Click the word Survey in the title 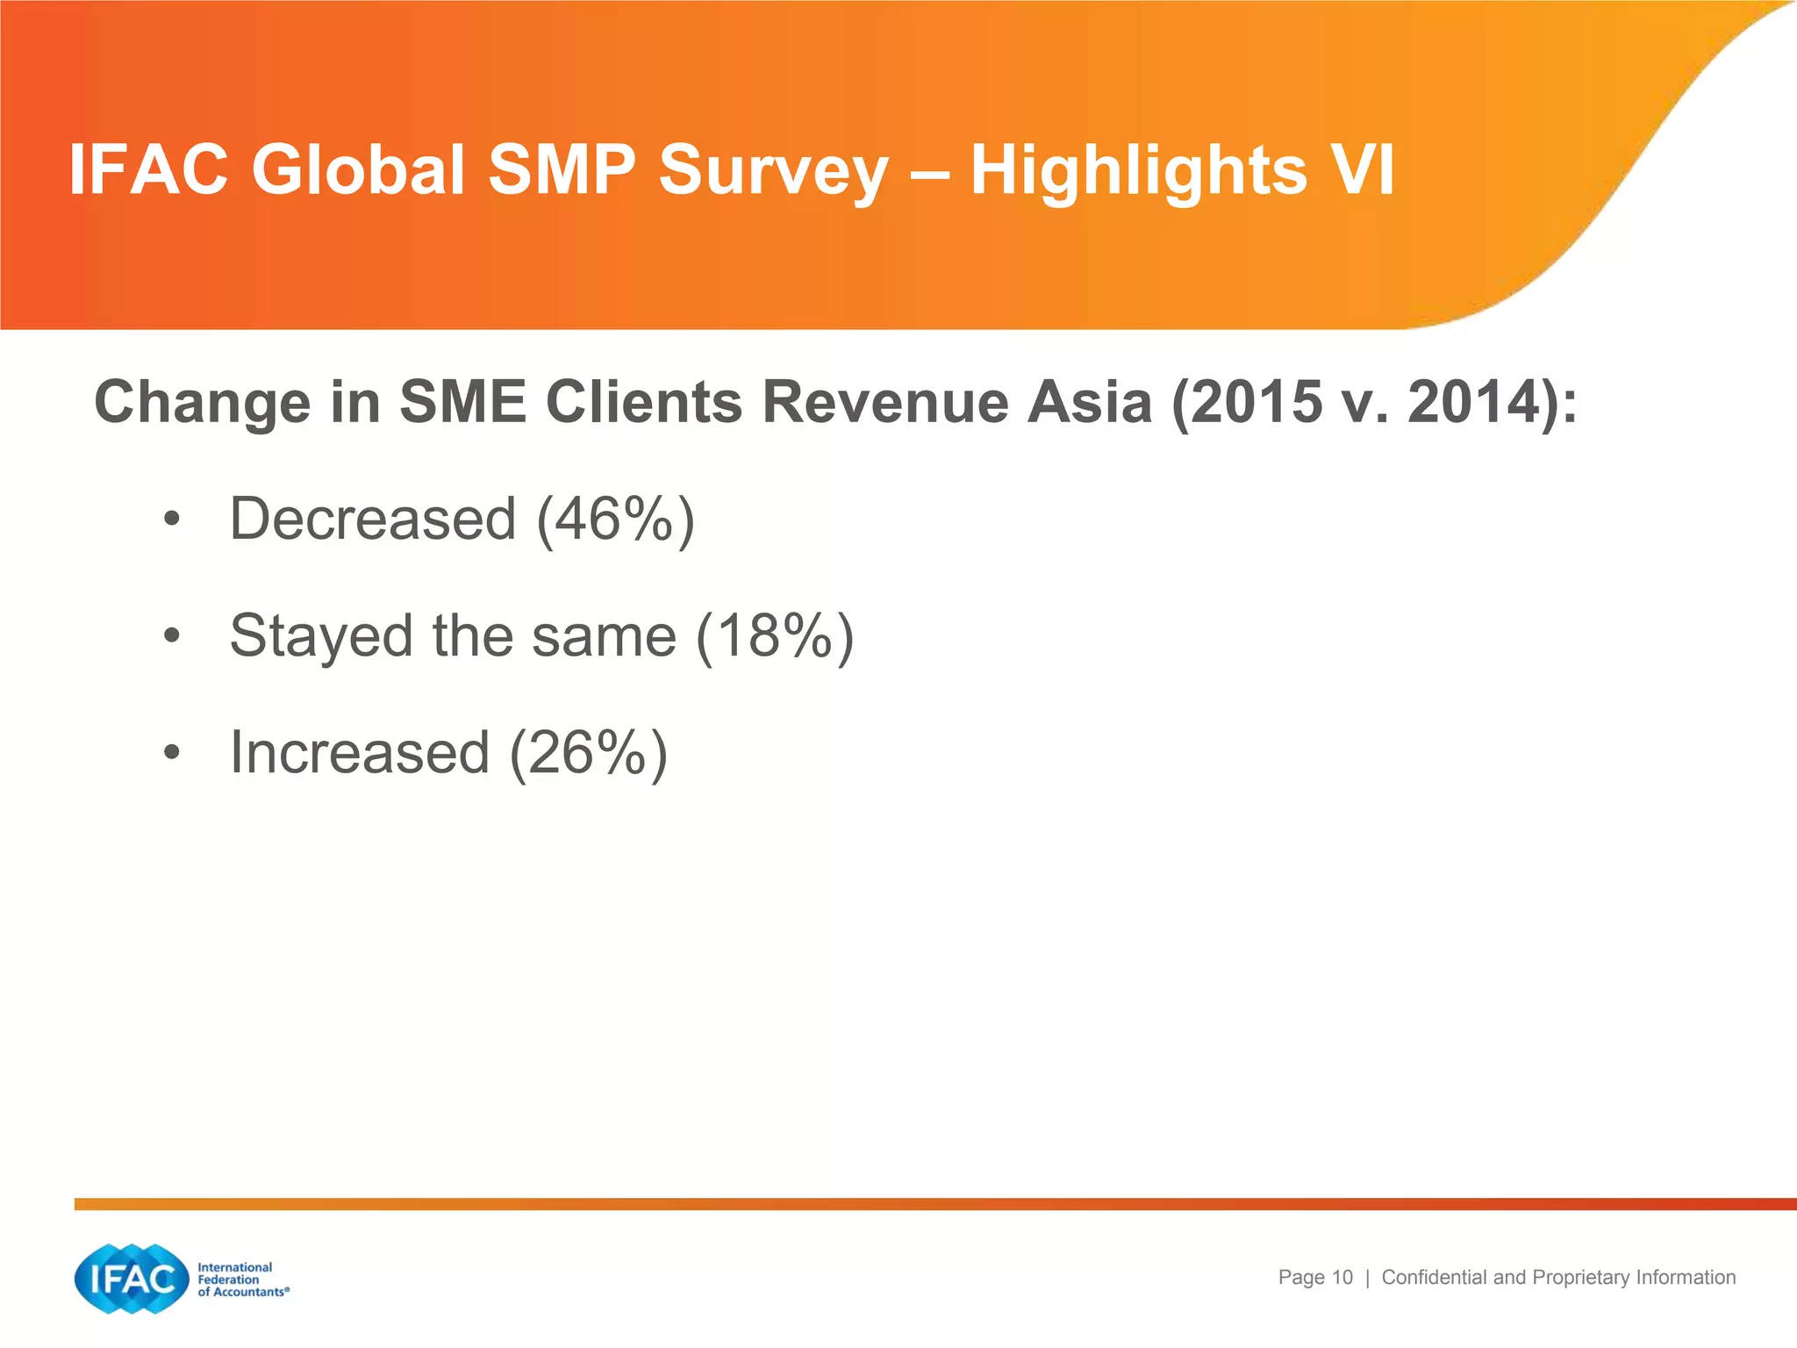point(773,171)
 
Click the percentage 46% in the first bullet point(614,519)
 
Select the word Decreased point(372,519)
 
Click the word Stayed point(320,637)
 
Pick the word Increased point(359,753)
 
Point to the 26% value point(587,753)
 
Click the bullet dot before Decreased point(171,520)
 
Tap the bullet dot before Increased point(171,754)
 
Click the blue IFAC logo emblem point(132,1279)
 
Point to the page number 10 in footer point(1342,1278)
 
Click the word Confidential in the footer point(1435,1278)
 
